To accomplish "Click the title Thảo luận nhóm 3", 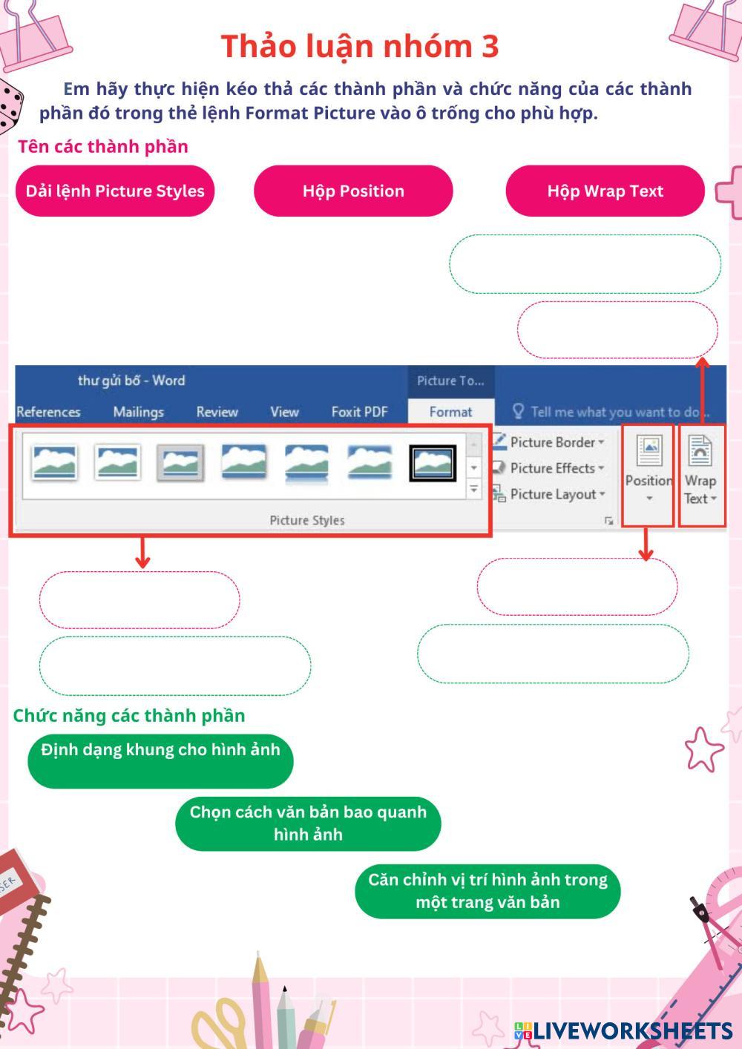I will (x=360, y=46).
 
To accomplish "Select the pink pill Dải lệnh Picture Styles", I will (x=115, y=191).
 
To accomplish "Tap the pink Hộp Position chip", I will (x=353, y=191).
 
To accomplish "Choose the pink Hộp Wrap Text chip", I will (x=605, y=191).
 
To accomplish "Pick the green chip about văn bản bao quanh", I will (x=308, y=823).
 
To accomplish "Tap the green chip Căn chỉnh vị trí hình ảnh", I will (x=487, y=891).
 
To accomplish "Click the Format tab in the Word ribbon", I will (x=450, y=412).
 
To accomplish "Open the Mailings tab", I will (x=138, y=412).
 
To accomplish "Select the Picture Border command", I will (x=552, y=442).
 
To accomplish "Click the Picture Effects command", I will (x=552, y=468).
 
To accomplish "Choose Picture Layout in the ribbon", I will (x=552, y=494).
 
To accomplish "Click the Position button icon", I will (x=649, y=451).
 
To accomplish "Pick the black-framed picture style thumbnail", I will (x=433, y=463).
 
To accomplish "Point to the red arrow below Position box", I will (x=646, y=545).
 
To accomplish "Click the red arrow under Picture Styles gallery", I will (x=142, y=553).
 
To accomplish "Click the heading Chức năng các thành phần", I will (x=129, y=715).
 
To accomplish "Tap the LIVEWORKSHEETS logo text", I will (x=631, y=1030).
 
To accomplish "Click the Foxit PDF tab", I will (x=359, y=412).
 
